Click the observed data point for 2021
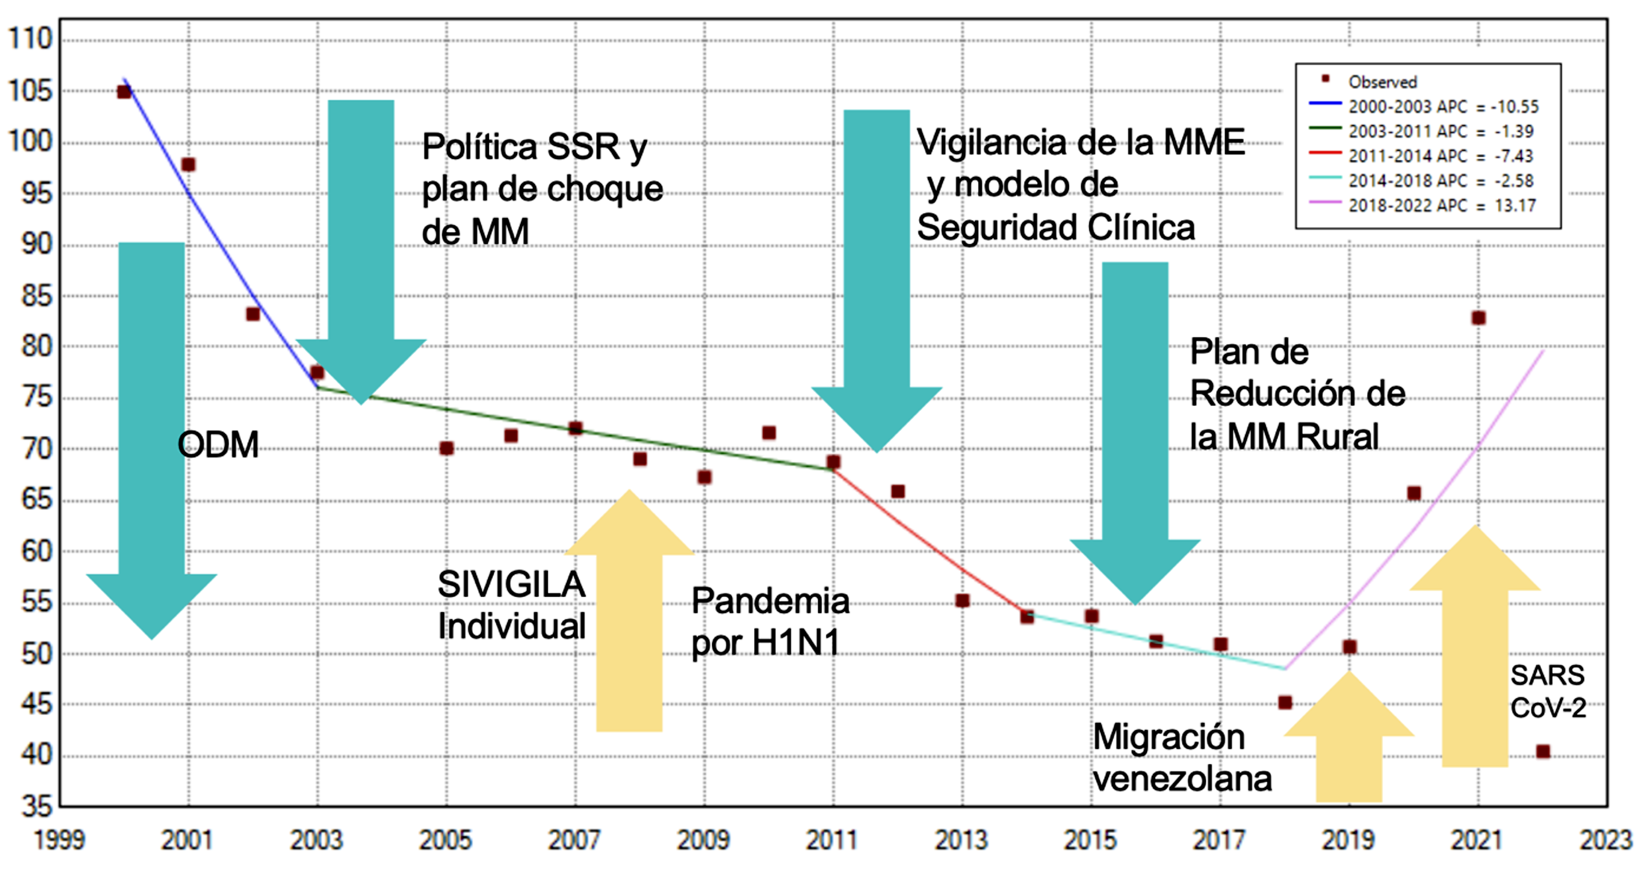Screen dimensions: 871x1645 pos(1478,318)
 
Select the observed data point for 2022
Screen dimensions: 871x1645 pos(1543,751)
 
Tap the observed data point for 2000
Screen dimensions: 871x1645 pos(124,92)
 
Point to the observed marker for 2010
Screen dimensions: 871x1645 pos(769,433)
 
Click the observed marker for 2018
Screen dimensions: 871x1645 pos(1285,702)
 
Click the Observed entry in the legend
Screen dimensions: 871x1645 pos(1382,82)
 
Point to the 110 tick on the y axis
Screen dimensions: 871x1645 pos(31,39)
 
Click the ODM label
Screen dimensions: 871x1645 pos(218,444)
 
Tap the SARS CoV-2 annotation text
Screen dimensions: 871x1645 pos(1548,692)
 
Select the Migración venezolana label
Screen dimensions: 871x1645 pos(1181,757)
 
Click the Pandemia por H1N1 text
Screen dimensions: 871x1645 pos(769,621)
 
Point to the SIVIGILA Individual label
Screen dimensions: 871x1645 pos(511,605)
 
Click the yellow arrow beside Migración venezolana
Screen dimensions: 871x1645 pos(1349,741)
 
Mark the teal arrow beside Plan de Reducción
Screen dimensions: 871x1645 pos(1135,434)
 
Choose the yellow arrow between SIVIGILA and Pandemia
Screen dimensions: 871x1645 pos(629,613)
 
